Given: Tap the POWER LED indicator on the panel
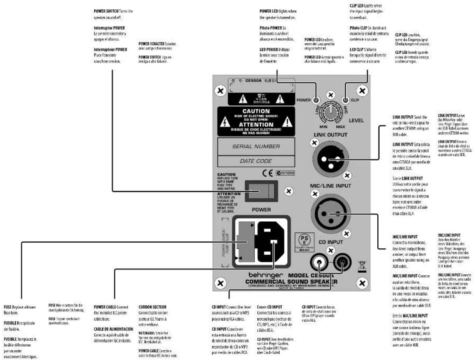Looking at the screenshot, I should (316, 100).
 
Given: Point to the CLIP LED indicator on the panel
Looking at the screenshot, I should (346, 100).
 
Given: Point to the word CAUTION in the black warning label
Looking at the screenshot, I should (256, 112).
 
